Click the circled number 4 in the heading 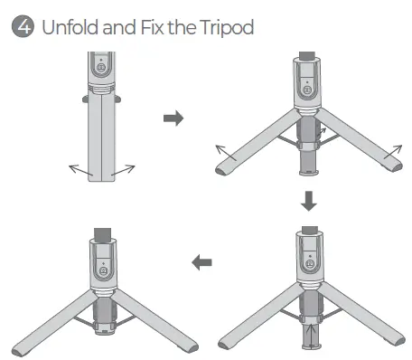coord(17,27)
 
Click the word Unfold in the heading coord(64,27)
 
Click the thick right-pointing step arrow coord(172,118)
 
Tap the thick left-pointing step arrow coord(201,262)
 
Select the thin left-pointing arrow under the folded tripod coord(80,168)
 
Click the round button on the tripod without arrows coord(104,269)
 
